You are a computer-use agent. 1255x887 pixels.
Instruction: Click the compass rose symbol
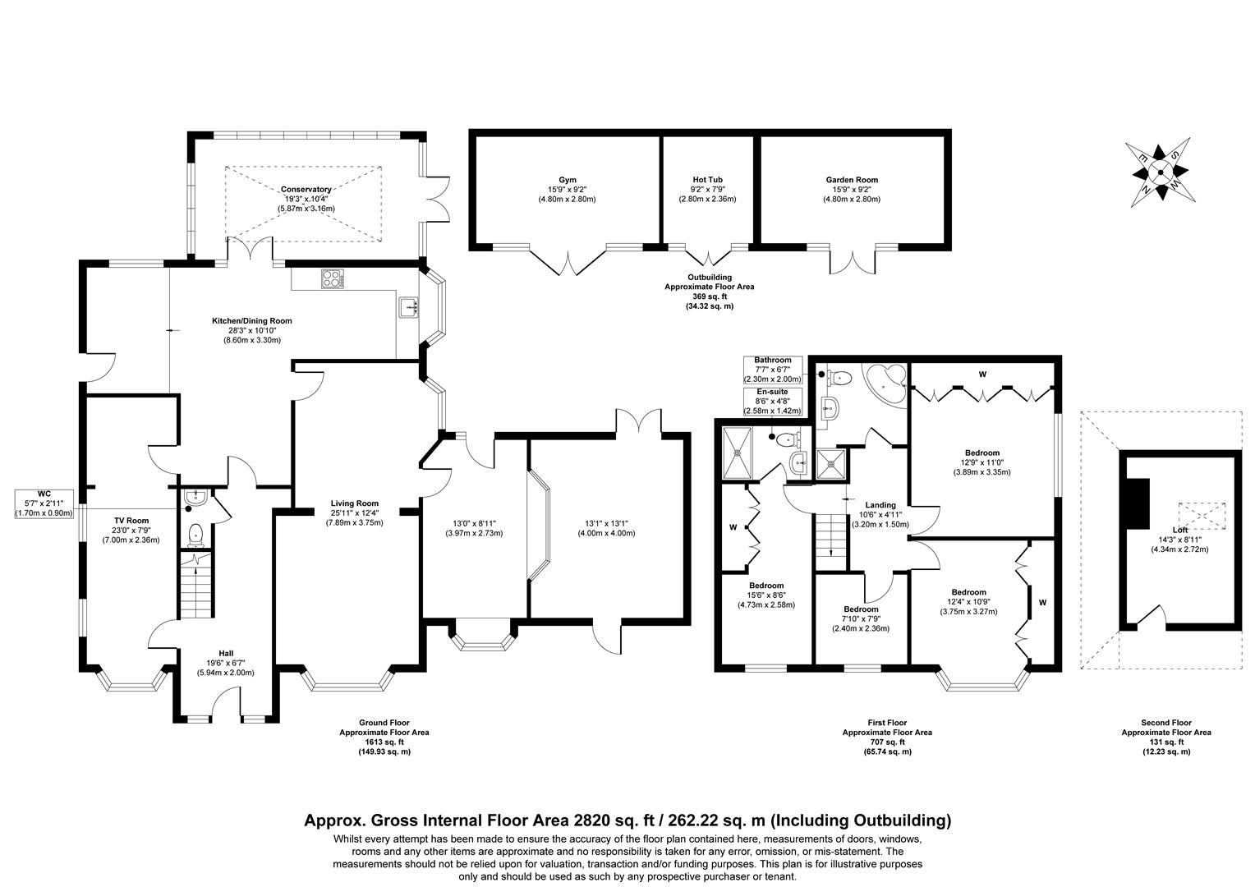pyautogui.click(x=1160, y=172)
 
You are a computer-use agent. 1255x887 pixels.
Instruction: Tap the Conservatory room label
pyautogui.click(x=305, y=189)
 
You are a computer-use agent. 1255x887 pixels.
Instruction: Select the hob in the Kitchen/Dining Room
pyautogui.click(x=333, y=278)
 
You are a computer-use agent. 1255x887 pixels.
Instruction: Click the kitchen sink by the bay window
pyautogui.click(x=408, y=308)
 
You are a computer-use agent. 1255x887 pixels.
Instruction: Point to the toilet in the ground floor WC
pyautogui.click(x=195, y=535)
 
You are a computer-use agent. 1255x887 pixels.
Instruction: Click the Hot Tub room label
pyautogui.click(x=707, y=180)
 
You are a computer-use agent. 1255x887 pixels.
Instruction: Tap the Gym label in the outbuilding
pyautogui.click(x=567, y=180)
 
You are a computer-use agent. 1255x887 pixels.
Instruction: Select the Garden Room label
pyautogui.click(x=852, y=180)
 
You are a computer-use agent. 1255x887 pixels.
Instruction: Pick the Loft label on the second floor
pyautogui.click(x=1180, y=531)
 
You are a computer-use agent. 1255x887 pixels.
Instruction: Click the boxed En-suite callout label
pyautogui.click(x=772, y=393)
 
